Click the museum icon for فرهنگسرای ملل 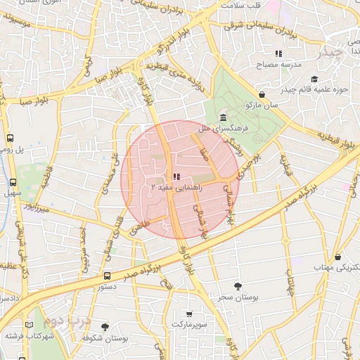pos(223,117)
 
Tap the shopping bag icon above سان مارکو pos(262,94)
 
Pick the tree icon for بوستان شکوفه pos(105,327)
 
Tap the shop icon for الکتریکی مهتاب pos(338,257)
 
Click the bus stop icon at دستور pos(107,276)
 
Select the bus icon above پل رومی pos(11,139)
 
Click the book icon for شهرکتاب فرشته pos(29,325)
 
